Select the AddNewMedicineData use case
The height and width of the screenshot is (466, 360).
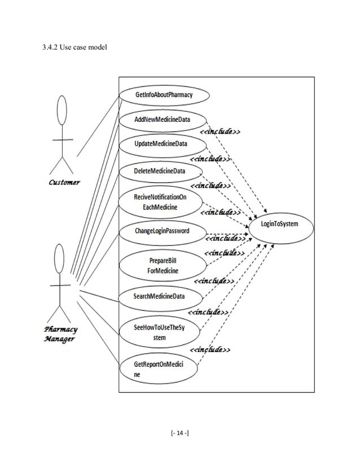162,120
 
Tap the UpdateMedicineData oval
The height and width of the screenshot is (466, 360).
161,144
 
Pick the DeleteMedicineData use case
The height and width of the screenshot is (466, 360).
160,170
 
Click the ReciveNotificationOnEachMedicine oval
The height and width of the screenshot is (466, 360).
160,202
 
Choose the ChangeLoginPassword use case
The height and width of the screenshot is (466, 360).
161,231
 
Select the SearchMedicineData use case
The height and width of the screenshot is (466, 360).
159,296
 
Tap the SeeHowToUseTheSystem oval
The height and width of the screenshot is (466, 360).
159,332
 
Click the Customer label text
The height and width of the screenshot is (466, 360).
64,182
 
